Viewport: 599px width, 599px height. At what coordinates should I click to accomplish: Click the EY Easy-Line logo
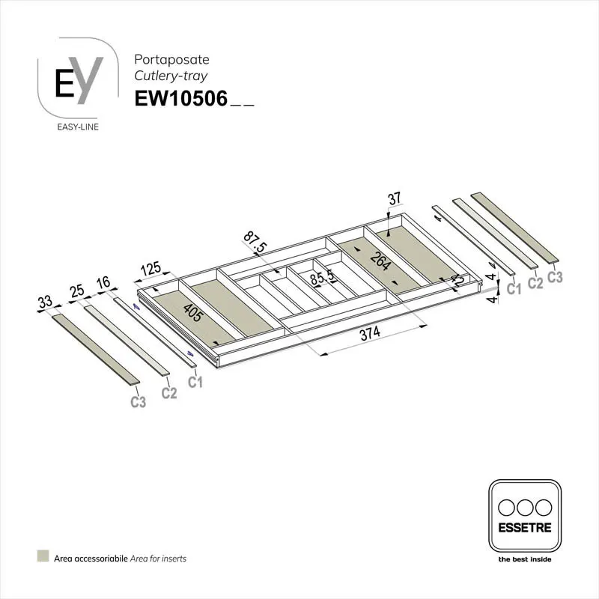79,84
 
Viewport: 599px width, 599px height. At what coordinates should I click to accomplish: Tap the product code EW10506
180,100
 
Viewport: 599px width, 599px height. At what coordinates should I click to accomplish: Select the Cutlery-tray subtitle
171,76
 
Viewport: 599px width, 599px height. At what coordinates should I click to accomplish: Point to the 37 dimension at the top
395,199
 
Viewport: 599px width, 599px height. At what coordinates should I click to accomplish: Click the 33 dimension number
46,303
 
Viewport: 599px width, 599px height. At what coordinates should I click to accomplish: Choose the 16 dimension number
103,283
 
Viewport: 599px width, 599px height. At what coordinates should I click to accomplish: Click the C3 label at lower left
138,402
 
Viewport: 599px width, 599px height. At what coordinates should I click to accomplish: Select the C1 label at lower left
195,383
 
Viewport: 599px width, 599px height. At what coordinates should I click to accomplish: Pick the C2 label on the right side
535,282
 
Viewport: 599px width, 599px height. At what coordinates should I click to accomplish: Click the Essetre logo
524,516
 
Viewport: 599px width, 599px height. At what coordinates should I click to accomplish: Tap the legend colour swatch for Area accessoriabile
43,557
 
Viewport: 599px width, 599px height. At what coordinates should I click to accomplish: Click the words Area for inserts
160,558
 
